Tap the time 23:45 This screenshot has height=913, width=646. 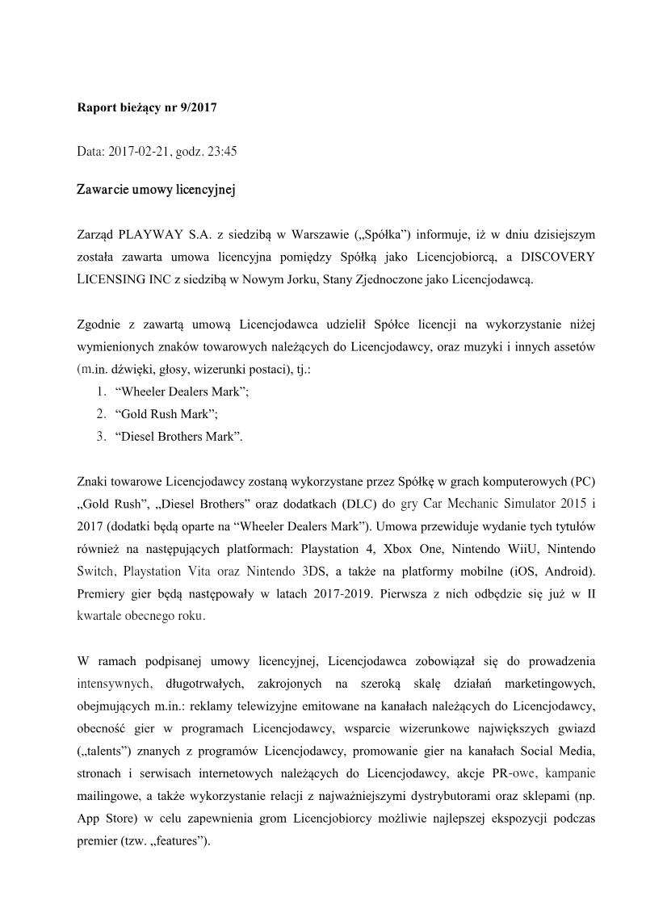tap(221, 150)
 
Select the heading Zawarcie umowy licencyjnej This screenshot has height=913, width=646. tap(155, 191)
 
